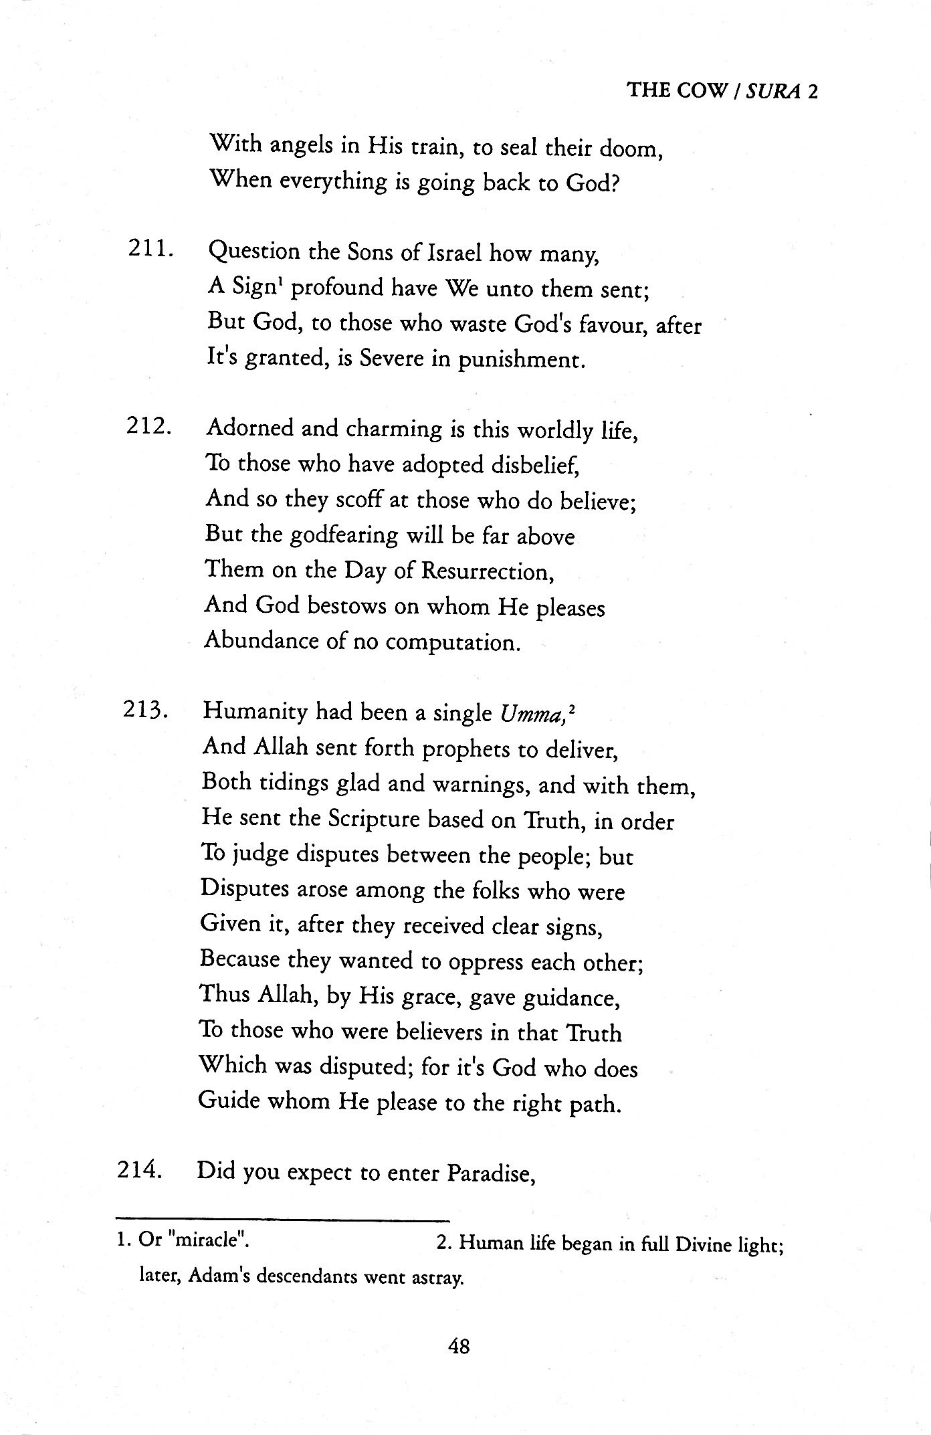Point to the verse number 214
pyautogui.click(x=140, y=1170)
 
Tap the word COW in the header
pyautogui.click(x=700, y=92)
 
